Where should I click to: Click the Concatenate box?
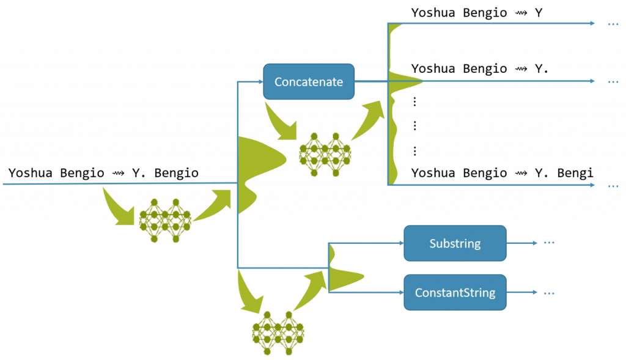coord(309,81)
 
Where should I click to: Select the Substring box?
coord(455,243)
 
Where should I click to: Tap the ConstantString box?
coord(455,292)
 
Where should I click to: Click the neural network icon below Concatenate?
coord(325,154)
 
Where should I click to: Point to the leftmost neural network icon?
coord(165,220)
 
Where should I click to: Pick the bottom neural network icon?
coord(278,332)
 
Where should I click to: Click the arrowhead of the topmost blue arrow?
coord(592,23)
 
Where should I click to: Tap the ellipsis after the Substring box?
coord(549,243)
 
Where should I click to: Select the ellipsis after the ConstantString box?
coord(549,293)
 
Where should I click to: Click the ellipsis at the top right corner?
coord(613,24)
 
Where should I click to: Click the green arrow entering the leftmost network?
coord(118,207)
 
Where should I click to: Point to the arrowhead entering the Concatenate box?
coord(259,81)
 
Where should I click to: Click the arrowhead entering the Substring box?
coord(400,243)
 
